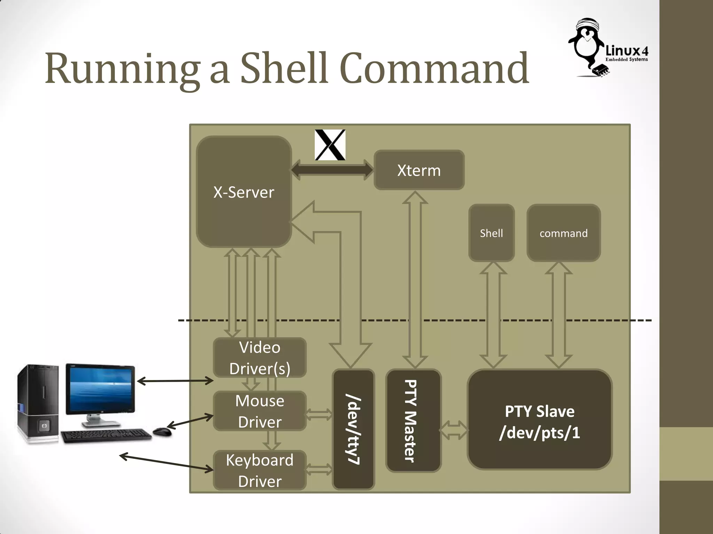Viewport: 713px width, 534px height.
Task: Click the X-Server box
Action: coord(244,192)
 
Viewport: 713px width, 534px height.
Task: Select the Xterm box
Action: coord(419,170)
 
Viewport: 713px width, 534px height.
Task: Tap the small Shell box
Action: coord(491,233)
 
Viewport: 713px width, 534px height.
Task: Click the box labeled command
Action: coord(563,233)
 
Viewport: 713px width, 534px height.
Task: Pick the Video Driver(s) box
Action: coord(260,357)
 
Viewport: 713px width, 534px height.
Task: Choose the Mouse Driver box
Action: coord(260,411)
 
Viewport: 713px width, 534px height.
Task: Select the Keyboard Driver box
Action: coord(260,470)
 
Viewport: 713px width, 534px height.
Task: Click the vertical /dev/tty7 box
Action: coord(353,429)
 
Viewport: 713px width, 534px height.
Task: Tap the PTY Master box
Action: coord(413,421)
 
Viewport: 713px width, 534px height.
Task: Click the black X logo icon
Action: coord(330,145)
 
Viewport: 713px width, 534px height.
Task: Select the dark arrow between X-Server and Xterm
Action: coord(332,170)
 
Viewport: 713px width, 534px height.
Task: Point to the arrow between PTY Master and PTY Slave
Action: coord(454,430)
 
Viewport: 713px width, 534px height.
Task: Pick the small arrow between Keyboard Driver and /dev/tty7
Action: coord(319,470)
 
